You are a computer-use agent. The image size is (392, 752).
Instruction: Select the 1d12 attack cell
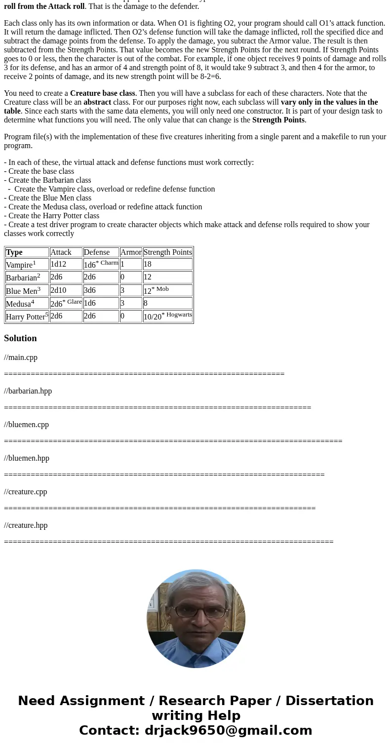pyautogui.click(x=58, y=264)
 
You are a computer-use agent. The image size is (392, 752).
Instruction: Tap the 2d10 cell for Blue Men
pyautogui.click(x=58, y=290)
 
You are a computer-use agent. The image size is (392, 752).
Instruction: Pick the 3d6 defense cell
pyautogui.click(x=90, y=290)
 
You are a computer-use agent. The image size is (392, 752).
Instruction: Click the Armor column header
pyautogui.click(x=131, y=252)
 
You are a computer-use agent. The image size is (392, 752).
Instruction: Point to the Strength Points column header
pyautogui.click(x=167, y=252)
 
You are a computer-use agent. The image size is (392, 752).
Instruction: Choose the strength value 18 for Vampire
pyautogui.click(x=148, y=264)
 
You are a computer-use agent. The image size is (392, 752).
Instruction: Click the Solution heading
pyautogui.click(x=20, y=338)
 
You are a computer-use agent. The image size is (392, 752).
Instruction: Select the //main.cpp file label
pyautogui.click(x=21, y=357)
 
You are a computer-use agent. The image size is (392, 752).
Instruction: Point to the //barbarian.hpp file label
pyautogui.click(x=28, y=391)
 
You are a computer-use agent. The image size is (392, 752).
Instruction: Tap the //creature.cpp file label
pyautogui.click(x=26, y=492)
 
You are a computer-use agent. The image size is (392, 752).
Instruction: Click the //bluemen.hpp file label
pyautogui.click(x=27, y=458)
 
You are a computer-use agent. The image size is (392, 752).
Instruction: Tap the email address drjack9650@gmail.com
pyautogui.click(x=228, y=730)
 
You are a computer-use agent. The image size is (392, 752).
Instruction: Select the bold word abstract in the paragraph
pyautogui.click(x=97, y=102)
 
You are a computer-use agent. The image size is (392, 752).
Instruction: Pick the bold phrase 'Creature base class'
pyautogui.click(x=102, y=93)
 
